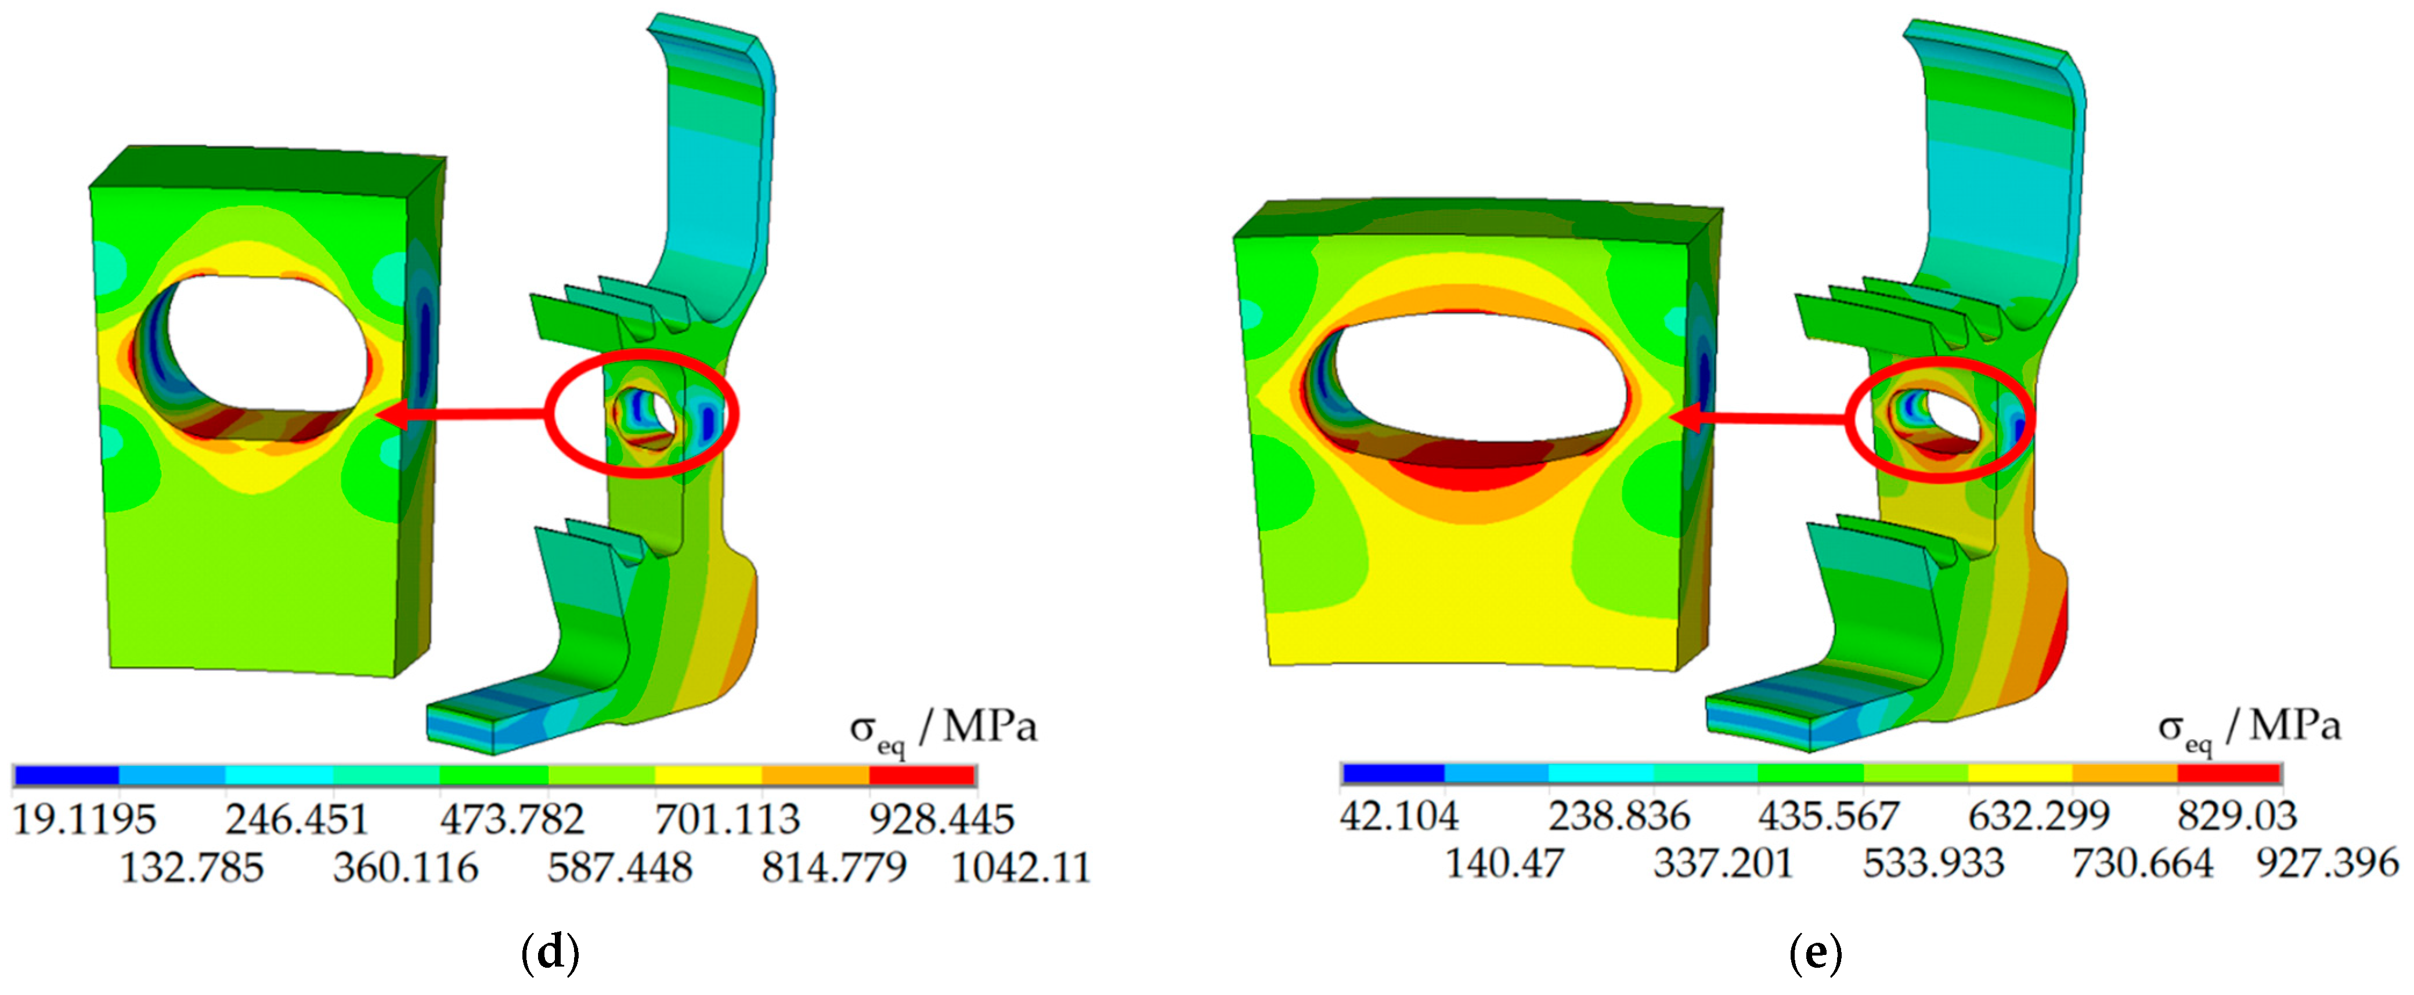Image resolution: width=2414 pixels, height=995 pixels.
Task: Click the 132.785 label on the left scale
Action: (x=192, y=867)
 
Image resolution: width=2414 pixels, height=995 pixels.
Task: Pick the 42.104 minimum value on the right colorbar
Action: (x=1399, y=816)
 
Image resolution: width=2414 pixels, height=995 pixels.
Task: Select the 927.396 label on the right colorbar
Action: (x=2328, y=863)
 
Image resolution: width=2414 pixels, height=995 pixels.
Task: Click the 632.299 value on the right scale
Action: (x=2039, y=816)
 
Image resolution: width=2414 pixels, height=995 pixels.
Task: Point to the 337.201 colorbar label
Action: (x=1723, y=863)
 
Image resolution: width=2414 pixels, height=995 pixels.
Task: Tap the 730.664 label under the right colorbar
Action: (x=2142, y=863)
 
